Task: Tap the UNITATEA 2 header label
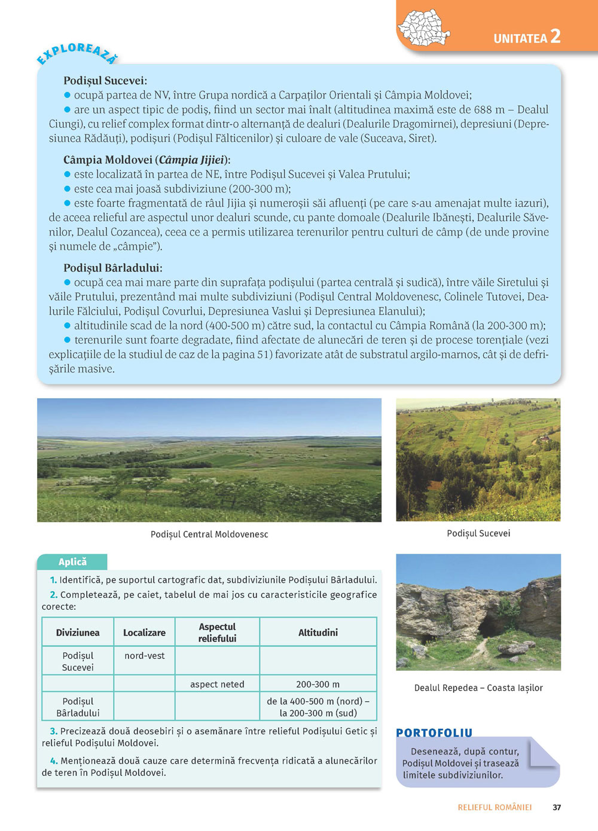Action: click(x=527, y=37)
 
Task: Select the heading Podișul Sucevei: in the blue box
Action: click(x=105, y=81)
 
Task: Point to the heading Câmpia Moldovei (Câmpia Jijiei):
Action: click(x=147, y=160)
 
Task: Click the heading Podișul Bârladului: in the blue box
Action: click(x=112, y=268)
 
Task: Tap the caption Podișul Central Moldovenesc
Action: click(x=209, y=534)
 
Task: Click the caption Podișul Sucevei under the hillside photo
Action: click(x=478, y=533)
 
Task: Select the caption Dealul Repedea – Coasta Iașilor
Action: click(x=478, y=688)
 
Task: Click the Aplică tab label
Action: click(x=72, y=562)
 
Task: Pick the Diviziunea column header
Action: click(x=78, y=633)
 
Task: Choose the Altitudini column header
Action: click(x=318, y=633)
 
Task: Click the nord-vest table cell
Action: click(x=144, y=656)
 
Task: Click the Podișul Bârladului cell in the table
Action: click(x=78, y=707)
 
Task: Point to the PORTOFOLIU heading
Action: click(x=434, y=733)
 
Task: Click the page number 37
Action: click(x=557, y=808)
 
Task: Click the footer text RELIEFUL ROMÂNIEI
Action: click(x=495, y=808)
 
